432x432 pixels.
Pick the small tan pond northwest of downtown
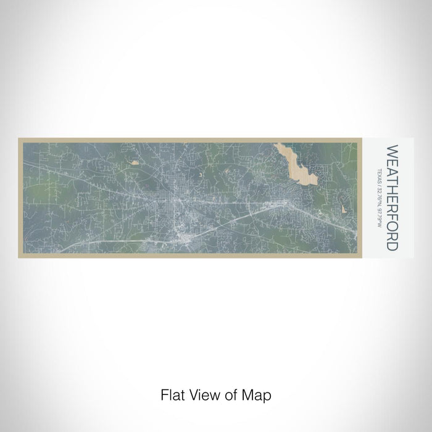[x=134, y=164]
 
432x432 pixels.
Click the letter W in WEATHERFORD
[x=391, y=151]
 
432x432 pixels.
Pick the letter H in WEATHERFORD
[x=391, y=183]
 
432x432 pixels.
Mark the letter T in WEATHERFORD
[x=391, y=174]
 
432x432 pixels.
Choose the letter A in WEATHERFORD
[x=391, y=167]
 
